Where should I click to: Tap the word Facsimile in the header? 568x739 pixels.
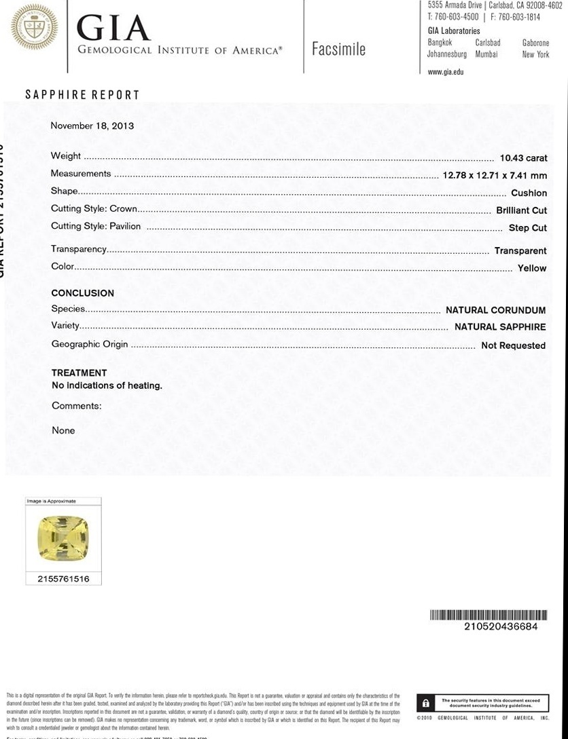click(x=338, y=49)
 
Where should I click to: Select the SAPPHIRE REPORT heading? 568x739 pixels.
click(x=82, y=95)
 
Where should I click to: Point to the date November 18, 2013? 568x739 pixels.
click(x=92, y=126)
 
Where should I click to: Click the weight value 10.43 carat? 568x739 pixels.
click(x=523, y=158)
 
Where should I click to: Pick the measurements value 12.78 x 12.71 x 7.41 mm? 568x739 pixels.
click(x=495, y=175)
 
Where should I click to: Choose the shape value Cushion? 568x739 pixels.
click(x=529, y=193)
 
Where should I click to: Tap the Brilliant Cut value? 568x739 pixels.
click(x=521, y=210)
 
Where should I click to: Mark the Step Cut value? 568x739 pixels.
click(x=527, y=228)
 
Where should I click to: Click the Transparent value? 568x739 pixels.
click(x=520, y=250)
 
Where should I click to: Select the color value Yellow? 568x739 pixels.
click(x=532, y=268)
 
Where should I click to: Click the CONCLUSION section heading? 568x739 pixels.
click(x=83, y=293)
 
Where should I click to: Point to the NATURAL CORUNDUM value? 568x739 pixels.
click(x=495, y=310)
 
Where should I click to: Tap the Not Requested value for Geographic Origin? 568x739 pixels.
click(x=513, y=345)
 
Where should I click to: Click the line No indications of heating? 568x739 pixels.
click(x=107, y=385)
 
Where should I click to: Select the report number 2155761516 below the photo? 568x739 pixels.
click(x=63, y=580)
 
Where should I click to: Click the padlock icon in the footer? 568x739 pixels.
click(x=425, y=703)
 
